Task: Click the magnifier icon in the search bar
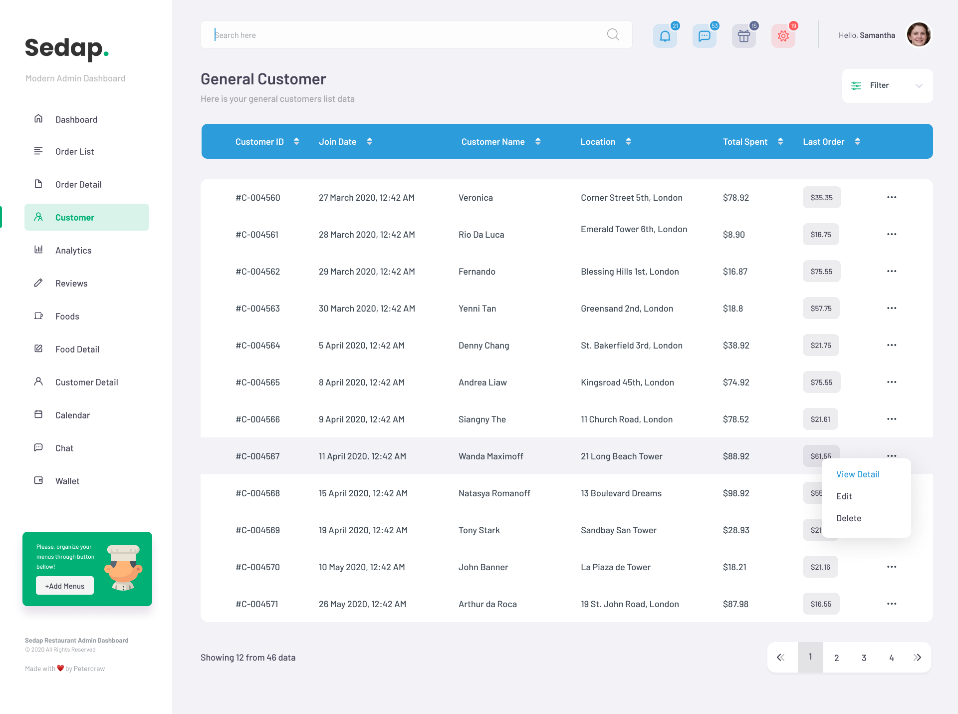[613, 34]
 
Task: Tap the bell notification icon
[665, 36]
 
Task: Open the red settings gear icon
[783, 36]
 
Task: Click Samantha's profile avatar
[919, 35]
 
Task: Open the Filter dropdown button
[887, 86]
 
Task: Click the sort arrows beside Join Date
[369, 142]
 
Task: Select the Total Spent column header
[745, 142]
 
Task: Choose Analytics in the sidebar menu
[73, 251]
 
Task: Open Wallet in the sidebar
[67, 481]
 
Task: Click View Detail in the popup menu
[858, 474]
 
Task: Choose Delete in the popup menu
[849, 518]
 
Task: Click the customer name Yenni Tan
[477, 309]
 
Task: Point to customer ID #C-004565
[257, 382]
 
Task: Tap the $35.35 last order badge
[821, 198]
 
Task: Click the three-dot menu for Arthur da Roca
[892, 604]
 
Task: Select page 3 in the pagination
[864, 658]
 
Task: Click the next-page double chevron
[917, 658]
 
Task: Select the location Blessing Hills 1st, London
[630, 272]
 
